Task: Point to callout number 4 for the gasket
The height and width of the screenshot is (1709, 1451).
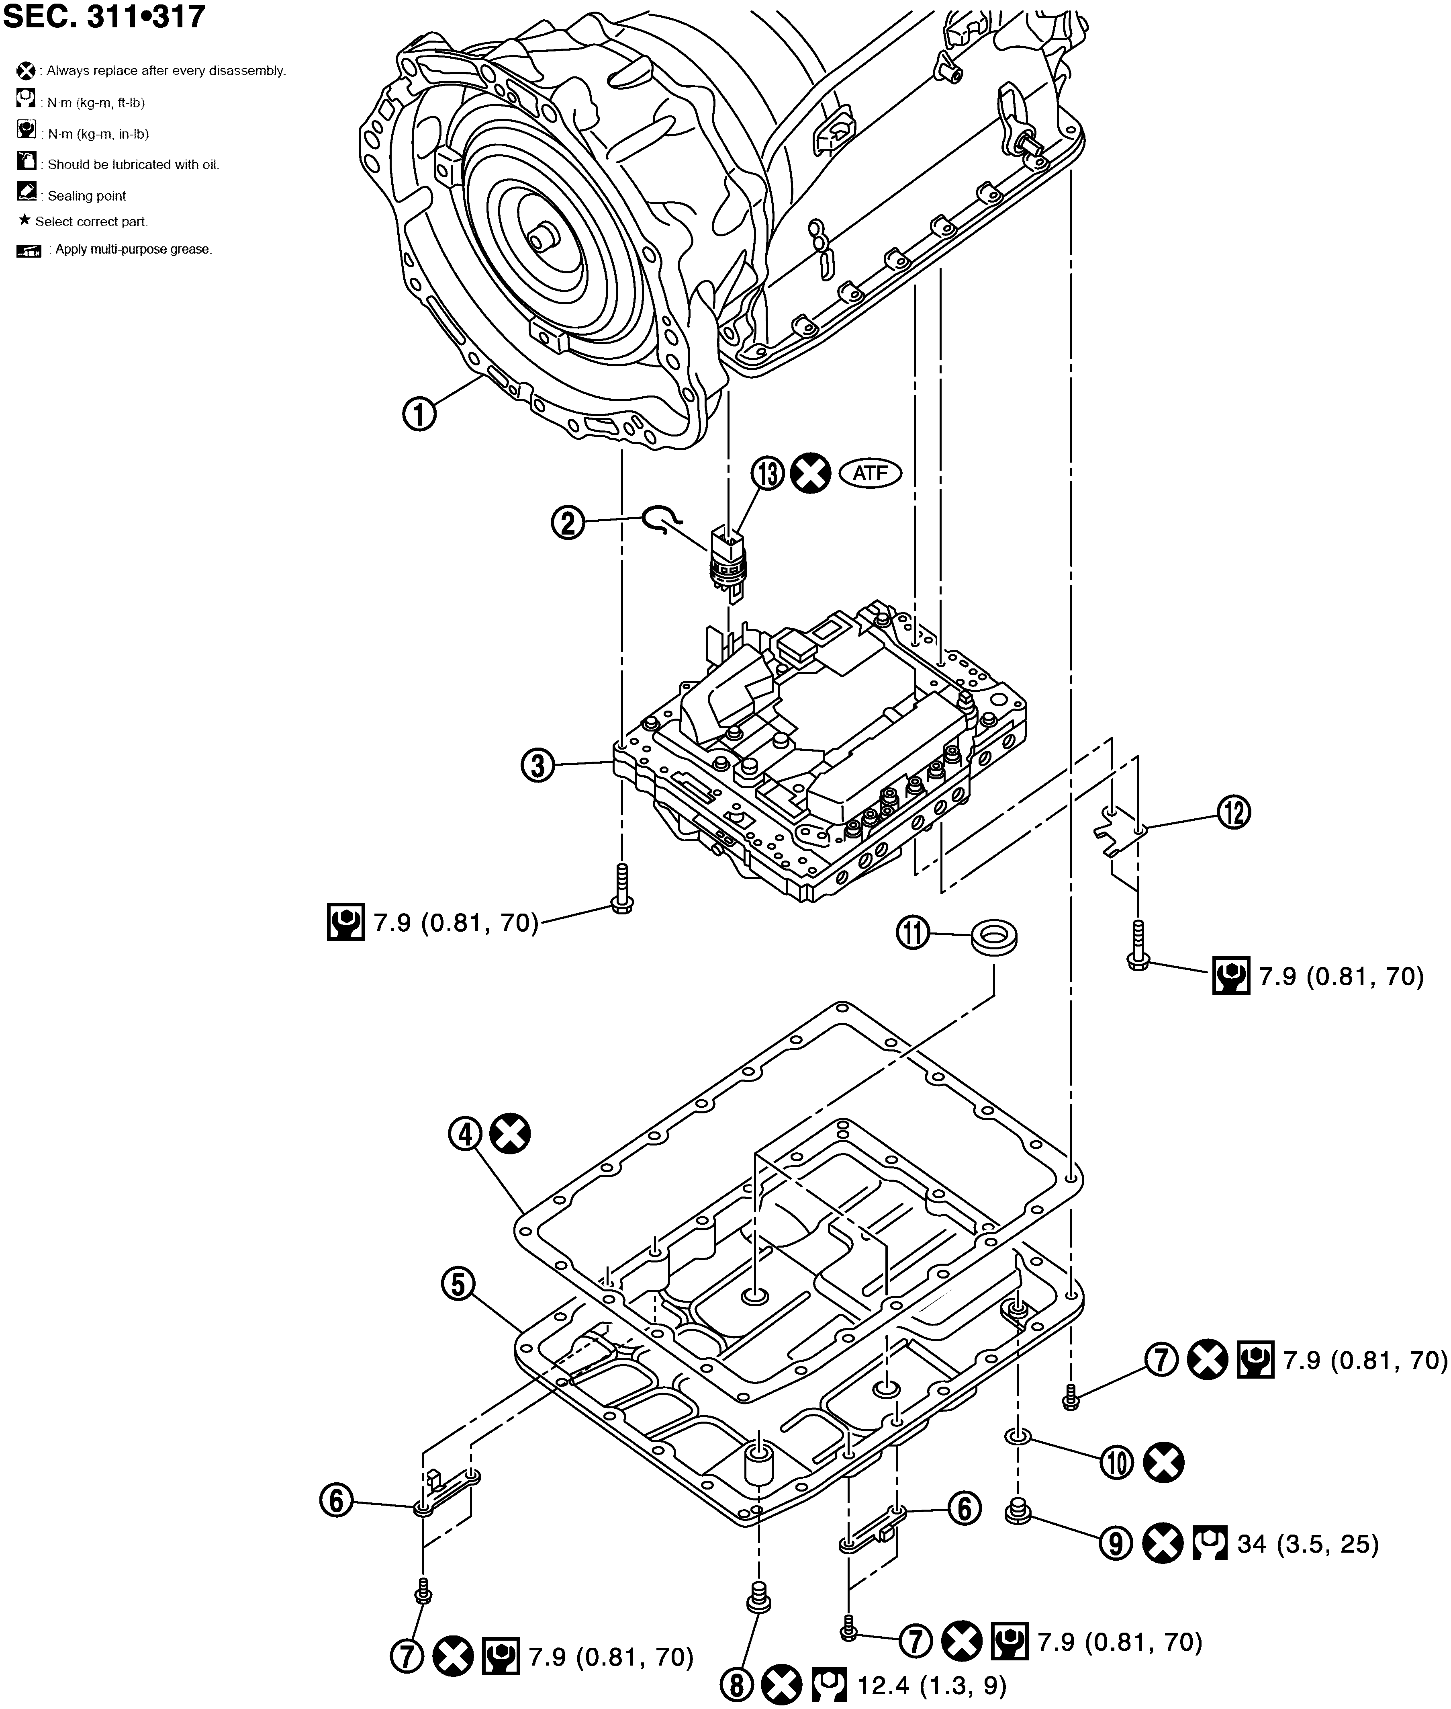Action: point(466,1135)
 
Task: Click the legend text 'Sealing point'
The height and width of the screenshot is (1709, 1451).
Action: point(86,196)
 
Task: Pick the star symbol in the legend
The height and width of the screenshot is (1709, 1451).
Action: point(25,221)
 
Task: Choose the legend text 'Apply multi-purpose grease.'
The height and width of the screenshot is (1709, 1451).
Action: point(133,249)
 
